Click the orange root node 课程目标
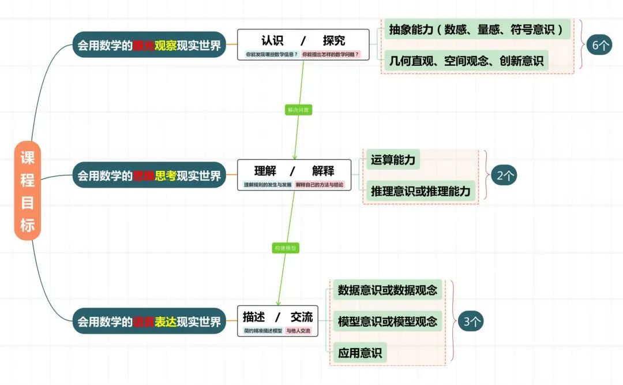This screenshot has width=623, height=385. (x=28, y=190)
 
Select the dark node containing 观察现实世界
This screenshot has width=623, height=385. (x=149, y=45)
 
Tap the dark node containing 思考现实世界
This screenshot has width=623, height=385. (x=149, y=175)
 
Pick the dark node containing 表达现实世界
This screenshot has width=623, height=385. (x=149, y=321)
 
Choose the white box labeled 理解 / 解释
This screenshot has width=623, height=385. (x=294, y=175)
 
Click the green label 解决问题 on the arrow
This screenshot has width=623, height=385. (x=298, y=110)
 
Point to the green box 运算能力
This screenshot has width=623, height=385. (x=393, y=160)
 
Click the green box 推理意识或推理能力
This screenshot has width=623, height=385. (x=421, y=190)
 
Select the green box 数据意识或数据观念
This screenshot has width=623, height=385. (x=388, y=290)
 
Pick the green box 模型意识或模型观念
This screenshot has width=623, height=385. (x=388, y=322)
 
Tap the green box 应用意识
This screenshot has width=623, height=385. (x=360, y=353)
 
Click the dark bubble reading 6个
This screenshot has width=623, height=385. (x=599, y=45)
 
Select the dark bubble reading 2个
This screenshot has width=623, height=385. (x=503, y=175)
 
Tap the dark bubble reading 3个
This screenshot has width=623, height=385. (x=470, y=322)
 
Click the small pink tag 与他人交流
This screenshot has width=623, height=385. (x=298, y=331)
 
